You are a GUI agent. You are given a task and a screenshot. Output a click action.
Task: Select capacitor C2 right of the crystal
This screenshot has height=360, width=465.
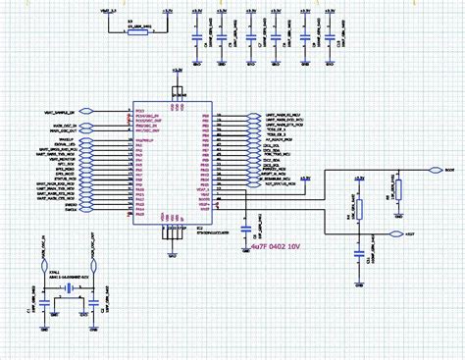tap(94, 306)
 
